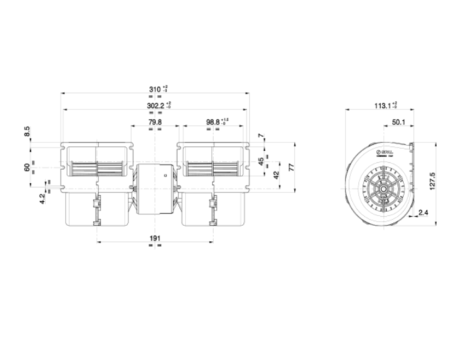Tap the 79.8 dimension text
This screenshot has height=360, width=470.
pos(154,122)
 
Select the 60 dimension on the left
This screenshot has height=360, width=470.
pos(27,167)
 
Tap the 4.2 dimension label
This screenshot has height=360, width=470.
pos(42,196)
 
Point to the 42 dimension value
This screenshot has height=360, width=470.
pos(276,174)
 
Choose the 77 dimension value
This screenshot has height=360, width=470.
pos(291,166)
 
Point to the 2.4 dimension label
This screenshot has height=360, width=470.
pos(422,213)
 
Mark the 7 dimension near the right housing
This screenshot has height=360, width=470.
pos(261,137)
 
